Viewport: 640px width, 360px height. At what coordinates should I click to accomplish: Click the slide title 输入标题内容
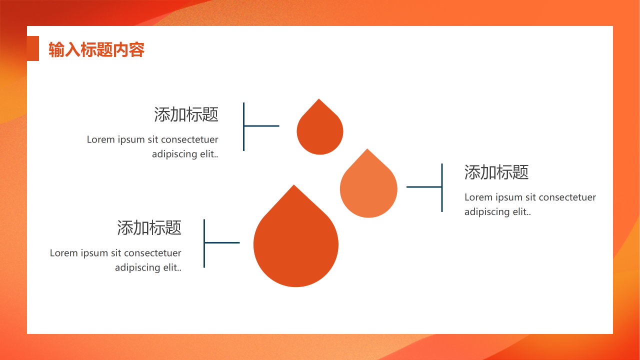point(96,49)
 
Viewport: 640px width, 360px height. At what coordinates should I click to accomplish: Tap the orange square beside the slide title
point(33,48)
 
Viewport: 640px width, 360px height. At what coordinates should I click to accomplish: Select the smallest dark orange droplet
point(319,127)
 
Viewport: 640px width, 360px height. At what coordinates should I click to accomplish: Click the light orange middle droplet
point(368,183)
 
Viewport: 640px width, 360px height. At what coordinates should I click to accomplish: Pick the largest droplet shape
point(295,236)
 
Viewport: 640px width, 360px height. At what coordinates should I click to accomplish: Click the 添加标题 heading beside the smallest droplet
point(186,114)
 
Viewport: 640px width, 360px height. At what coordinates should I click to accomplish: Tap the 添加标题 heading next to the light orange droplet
point(496,172)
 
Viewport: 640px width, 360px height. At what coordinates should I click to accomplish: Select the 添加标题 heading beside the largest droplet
point(149,227)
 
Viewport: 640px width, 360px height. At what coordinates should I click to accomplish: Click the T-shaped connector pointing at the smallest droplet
point(243,126)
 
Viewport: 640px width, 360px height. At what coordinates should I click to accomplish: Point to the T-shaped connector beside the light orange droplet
point(441,187)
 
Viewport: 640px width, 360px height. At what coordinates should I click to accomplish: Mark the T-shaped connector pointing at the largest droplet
point(204,243)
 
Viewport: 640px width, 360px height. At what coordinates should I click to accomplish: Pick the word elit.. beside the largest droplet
point(172,267)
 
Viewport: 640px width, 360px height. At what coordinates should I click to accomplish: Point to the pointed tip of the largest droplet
point(293,185)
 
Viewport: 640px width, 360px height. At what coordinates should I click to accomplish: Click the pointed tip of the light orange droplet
point(367,149)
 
